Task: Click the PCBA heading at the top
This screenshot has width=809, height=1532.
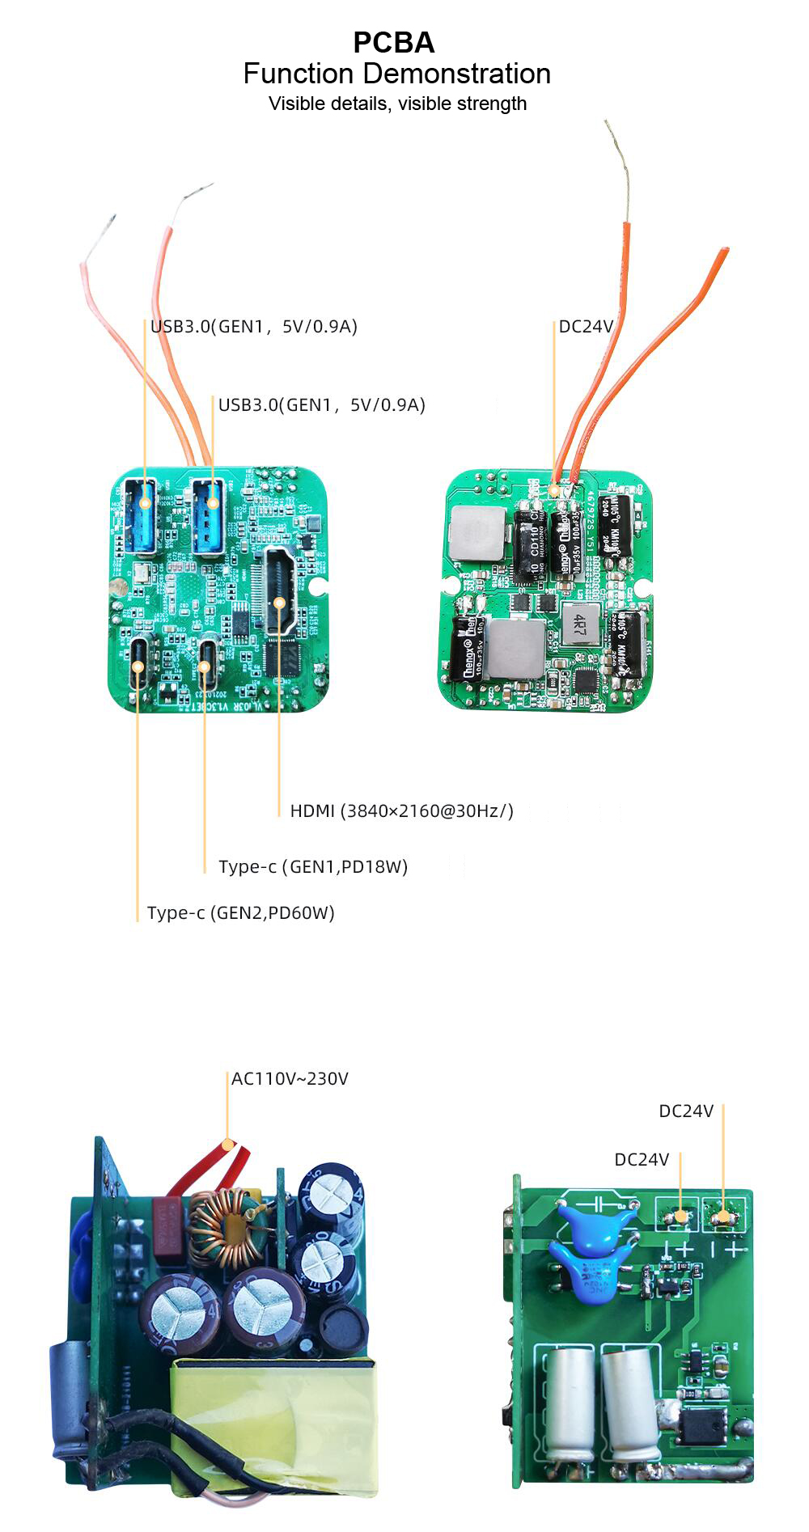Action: coord(393,42)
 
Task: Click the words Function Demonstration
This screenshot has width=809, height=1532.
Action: coord(396,74)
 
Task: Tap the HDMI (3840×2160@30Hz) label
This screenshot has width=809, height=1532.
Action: coord(401,810)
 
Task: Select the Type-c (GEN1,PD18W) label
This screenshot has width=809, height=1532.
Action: coord(313,867)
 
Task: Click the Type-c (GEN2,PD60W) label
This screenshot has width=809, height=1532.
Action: coord(240,913)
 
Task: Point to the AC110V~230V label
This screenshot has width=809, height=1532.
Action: coord(290,1079)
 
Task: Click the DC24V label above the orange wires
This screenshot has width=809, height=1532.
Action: coord(586,327)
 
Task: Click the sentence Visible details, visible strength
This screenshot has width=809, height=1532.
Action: coord(397,104)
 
